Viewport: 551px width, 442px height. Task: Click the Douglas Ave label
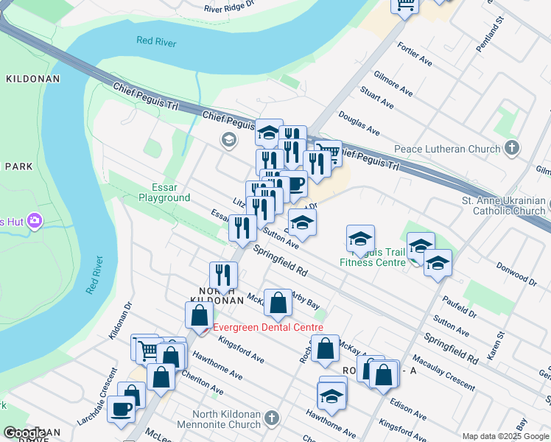click(x=359, y=124)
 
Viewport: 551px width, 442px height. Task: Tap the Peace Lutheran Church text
click(x=447, y=149)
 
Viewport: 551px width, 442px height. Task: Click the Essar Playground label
click(x=164, y=192)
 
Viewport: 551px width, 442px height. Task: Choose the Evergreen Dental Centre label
click(x=268, y=327)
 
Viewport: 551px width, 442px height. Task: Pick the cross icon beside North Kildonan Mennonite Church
click(x=272, y=418)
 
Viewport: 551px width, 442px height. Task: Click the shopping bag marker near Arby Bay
click(x=278, y=303)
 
